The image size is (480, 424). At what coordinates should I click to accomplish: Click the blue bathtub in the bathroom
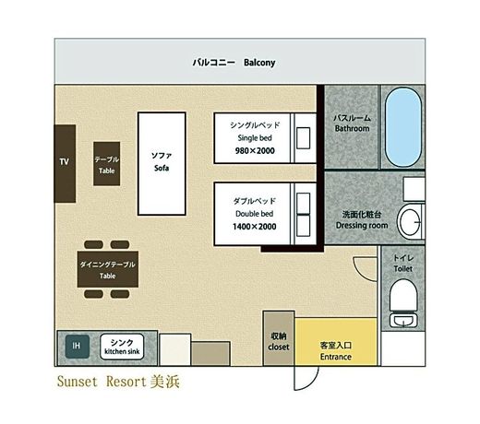403,127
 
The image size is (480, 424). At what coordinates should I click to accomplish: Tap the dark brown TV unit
65,163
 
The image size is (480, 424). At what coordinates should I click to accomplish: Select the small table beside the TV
107,164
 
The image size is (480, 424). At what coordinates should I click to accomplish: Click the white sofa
162,163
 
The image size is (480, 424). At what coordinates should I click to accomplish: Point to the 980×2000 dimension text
255,151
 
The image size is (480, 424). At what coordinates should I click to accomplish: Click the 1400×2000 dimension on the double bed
255,227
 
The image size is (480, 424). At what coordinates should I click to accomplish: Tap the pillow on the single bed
303,138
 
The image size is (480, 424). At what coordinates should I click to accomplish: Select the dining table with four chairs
107,269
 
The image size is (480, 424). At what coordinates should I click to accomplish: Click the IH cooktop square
78,347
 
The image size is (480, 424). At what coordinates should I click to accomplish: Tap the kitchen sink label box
122,347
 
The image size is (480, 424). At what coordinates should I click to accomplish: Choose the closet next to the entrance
279,338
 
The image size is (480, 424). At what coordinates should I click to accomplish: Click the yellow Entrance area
336,342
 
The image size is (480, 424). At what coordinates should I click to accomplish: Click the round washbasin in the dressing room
410,221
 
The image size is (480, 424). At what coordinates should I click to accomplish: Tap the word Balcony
259,63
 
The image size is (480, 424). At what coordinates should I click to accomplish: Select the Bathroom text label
353,128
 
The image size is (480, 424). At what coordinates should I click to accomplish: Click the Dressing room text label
362,226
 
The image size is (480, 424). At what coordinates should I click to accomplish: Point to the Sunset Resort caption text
118,382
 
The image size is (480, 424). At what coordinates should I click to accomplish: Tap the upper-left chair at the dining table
93,244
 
